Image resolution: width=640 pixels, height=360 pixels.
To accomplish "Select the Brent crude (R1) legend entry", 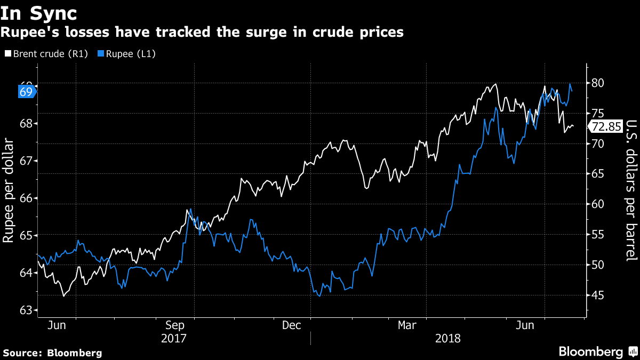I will point(49,54).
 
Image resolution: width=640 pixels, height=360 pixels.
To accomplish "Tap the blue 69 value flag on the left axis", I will point(27,92).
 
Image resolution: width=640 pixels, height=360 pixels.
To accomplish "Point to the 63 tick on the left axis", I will point(26,310).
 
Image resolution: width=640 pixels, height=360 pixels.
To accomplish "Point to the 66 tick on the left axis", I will point(26,198).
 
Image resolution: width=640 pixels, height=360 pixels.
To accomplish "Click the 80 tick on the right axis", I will point(597,83).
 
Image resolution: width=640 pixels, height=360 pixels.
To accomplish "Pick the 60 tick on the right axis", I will point(597,204).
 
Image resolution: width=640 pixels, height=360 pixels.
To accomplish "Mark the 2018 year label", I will point(448,338).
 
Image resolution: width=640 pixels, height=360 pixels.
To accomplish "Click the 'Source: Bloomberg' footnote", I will point(52,353).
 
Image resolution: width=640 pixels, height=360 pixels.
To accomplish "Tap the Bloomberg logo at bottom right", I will point(597,351).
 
